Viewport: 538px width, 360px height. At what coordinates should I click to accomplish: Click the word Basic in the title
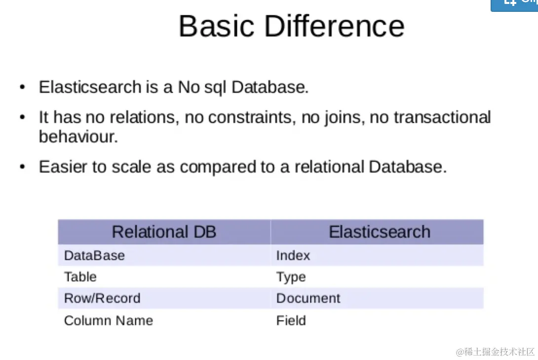click(x=217, y=26)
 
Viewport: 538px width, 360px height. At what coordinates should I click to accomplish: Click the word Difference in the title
click(x=335, y=26)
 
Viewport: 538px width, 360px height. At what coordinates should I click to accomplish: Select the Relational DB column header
click(x=164, y=232)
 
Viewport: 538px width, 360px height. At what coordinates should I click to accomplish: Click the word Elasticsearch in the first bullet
click(x=90, y=87)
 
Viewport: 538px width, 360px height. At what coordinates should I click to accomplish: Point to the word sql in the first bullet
click(x=215, y=88)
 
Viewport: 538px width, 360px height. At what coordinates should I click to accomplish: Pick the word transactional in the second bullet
click(x=442, y=117)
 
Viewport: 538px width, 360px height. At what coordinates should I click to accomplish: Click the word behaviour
click(x=78, y=137)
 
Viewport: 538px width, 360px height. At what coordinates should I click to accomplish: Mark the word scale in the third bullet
click(x=131, y=167)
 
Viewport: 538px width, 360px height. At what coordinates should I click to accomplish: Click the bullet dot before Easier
click(x=23, y=167)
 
